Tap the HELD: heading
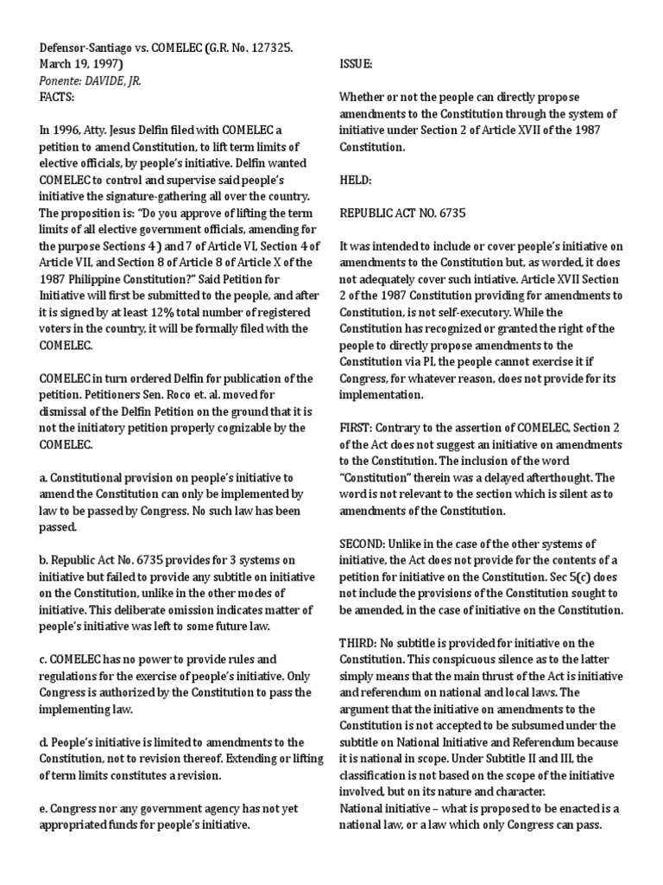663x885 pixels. [354, 181]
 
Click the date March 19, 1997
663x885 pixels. [82, 64]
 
